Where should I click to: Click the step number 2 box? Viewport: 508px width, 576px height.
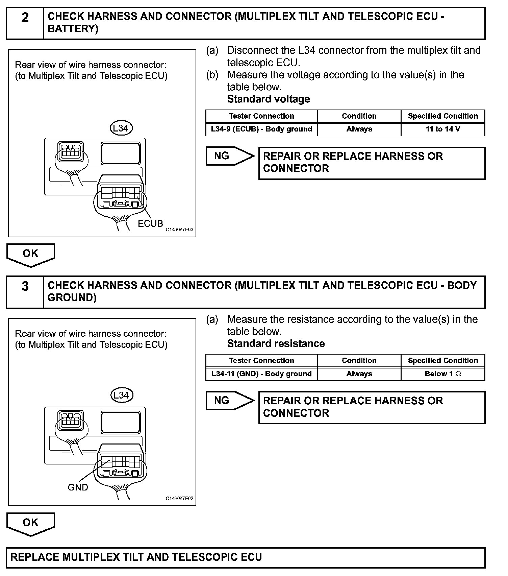25,23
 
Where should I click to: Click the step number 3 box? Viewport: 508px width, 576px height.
25,292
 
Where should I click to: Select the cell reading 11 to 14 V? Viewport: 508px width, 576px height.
443,129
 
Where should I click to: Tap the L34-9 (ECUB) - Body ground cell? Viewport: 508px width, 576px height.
261,129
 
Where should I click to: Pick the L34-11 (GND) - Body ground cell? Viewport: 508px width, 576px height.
261,374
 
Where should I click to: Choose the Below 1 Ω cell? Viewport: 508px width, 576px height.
443,374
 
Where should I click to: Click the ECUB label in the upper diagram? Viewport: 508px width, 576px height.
150,223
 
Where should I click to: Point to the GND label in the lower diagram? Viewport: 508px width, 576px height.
78,487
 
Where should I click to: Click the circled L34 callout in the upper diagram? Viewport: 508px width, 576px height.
121,128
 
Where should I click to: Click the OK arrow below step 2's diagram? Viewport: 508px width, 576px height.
30,255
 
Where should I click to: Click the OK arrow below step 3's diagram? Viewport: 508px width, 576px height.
30,523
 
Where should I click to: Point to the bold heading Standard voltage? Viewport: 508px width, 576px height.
269,99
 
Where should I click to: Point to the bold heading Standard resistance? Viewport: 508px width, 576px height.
276,344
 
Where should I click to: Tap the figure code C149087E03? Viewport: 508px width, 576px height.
179,230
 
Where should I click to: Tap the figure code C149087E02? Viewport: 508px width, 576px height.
179,499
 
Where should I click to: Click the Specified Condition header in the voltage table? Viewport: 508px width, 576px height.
443,116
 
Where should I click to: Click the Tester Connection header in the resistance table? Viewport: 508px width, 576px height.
261,360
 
